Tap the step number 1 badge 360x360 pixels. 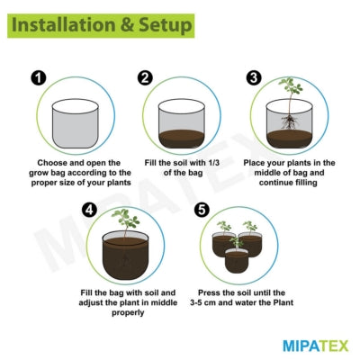37,77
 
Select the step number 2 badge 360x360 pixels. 144,77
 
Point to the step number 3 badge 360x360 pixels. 254,77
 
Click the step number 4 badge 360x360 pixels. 89,210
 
